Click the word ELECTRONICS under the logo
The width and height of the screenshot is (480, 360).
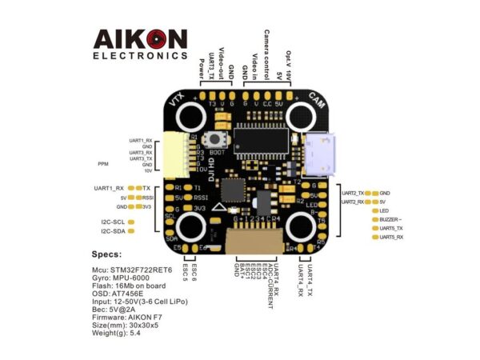(x=141, y=57)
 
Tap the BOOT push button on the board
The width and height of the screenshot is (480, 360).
(x=215, y=141)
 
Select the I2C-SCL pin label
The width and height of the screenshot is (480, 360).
(x=113, y=222)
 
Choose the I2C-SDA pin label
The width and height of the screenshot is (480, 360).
(x=113, y=231)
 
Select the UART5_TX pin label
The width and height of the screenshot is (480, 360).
(x=391, y=228)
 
